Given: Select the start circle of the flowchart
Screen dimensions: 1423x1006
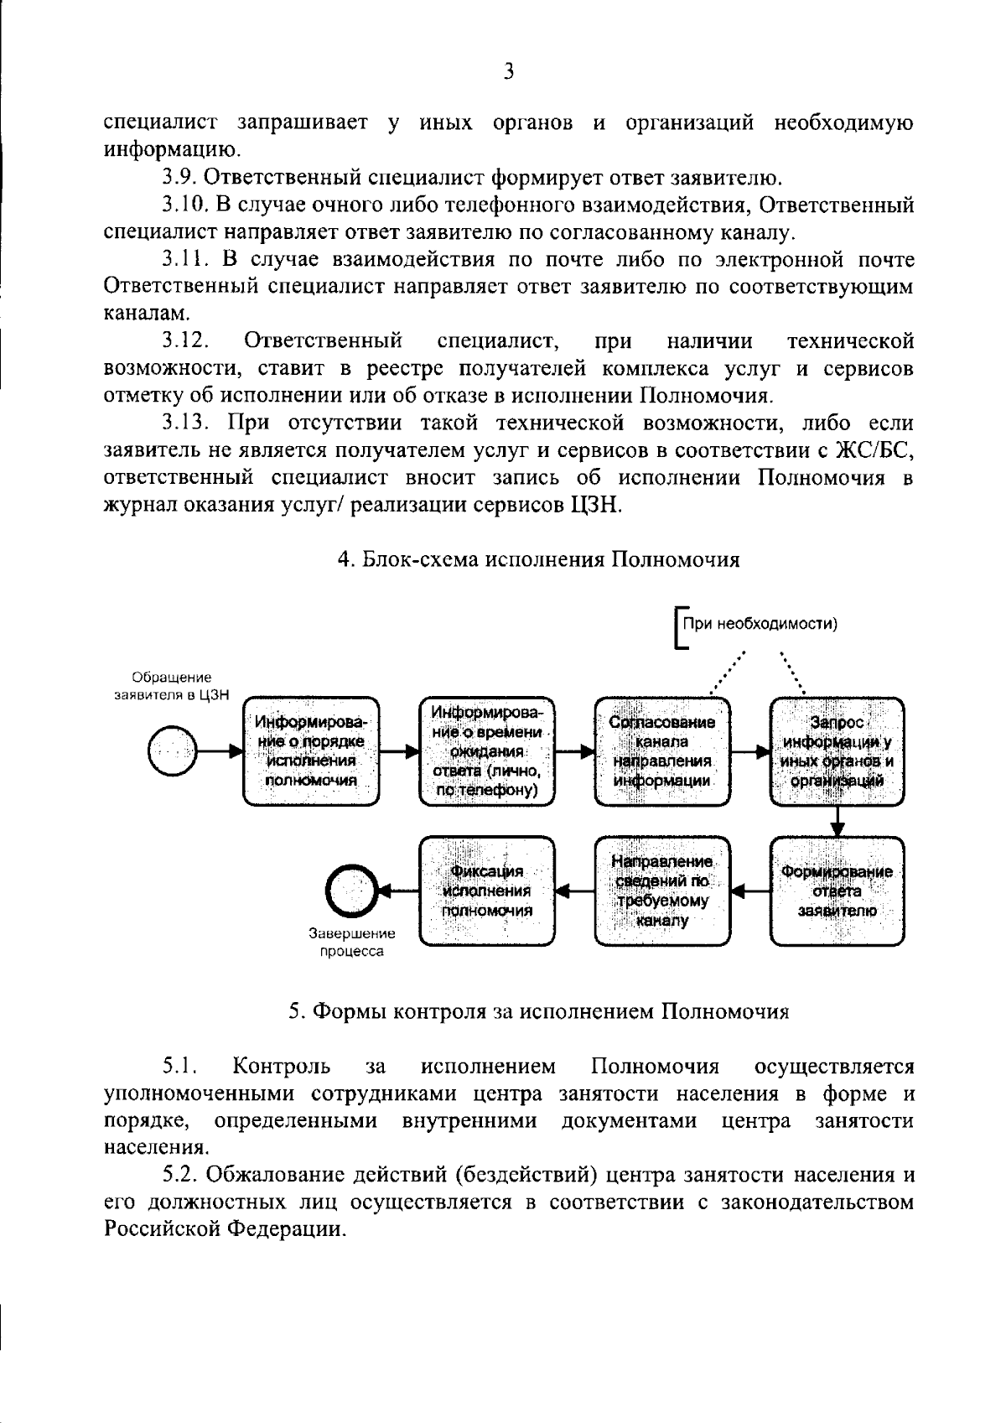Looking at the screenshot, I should [171, 751].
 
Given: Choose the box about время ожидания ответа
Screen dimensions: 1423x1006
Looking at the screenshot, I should [486, 751].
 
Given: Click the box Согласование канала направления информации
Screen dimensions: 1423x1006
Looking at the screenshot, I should [662, 751].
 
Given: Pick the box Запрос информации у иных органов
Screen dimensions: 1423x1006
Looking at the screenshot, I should [837, 751].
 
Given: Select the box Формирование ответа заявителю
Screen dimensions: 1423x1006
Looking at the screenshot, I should [837, 891].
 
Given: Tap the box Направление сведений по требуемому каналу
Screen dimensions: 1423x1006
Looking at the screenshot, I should [662, 891].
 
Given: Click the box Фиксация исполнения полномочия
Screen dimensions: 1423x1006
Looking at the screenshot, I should [486, 891].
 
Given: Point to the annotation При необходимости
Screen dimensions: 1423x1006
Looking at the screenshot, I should [760, 624].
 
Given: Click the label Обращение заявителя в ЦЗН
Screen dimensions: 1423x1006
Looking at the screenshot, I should [172, 686].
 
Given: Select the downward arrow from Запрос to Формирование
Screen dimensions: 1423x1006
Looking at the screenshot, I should [837, 822].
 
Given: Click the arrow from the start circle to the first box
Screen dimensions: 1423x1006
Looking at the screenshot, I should [220, 751].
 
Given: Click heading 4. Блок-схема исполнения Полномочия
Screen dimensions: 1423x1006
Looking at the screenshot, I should [538, 559].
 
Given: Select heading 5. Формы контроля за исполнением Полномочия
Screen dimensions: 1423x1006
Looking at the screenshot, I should [538, 1011].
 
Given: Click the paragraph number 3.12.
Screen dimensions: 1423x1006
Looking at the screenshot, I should [185, 341].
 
